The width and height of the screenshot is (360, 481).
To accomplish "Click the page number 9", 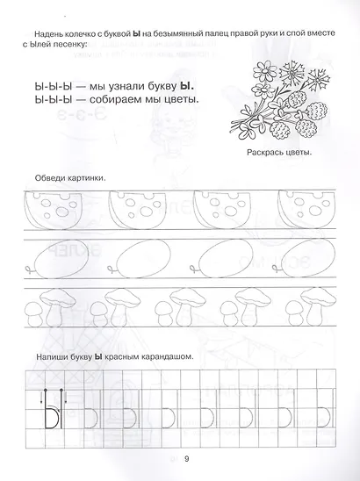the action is click(186, 456).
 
